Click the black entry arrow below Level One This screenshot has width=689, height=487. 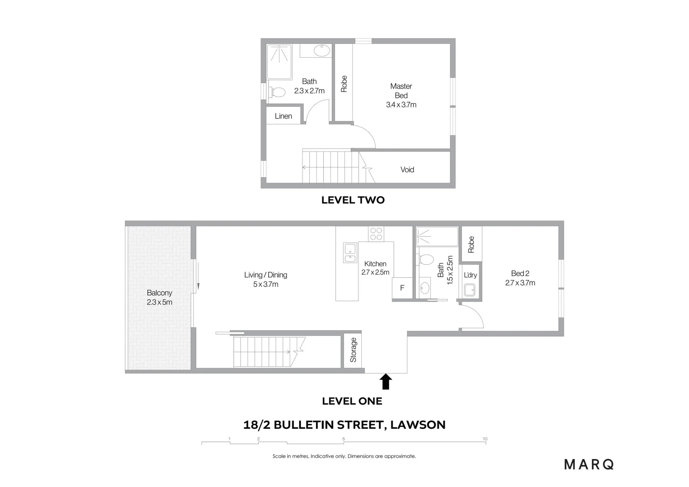coord(386,381)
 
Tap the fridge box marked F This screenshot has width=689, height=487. coord(402,288)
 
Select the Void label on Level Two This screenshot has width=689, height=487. coord(407,170)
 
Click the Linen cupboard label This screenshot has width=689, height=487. coord(283,116)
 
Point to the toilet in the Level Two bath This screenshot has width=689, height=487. coord(277,92)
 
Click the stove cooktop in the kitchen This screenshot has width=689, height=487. coord(376,234)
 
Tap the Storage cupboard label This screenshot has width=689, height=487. coord(354,350)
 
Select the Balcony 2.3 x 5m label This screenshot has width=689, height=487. coord(159,298)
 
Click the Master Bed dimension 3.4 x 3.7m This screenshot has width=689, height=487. coord(401,105)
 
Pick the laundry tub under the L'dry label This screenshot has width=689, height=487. coord(470,290)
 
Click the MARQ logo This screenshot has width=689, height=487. coord(589,464)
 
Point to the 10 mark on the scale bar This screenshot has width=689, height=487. coord(485,439)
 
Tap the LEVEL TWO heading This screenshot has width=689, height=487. coord(353,200)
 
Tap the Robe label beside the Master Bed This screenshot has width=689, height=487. coord(344,84)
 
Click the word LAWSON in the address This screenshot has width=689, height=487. coord(418,424)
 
